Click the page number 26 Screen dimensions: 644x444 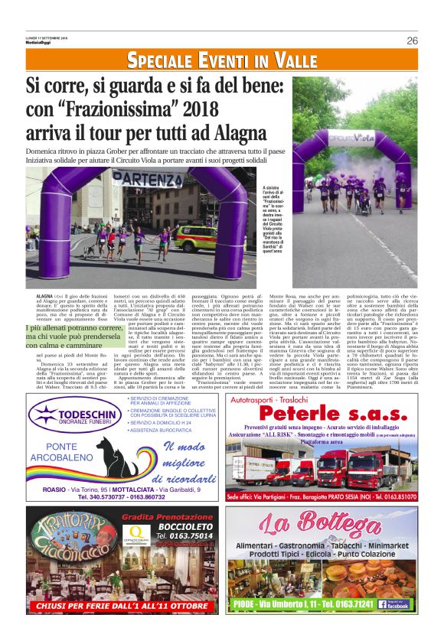click(x=412, y=41)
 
